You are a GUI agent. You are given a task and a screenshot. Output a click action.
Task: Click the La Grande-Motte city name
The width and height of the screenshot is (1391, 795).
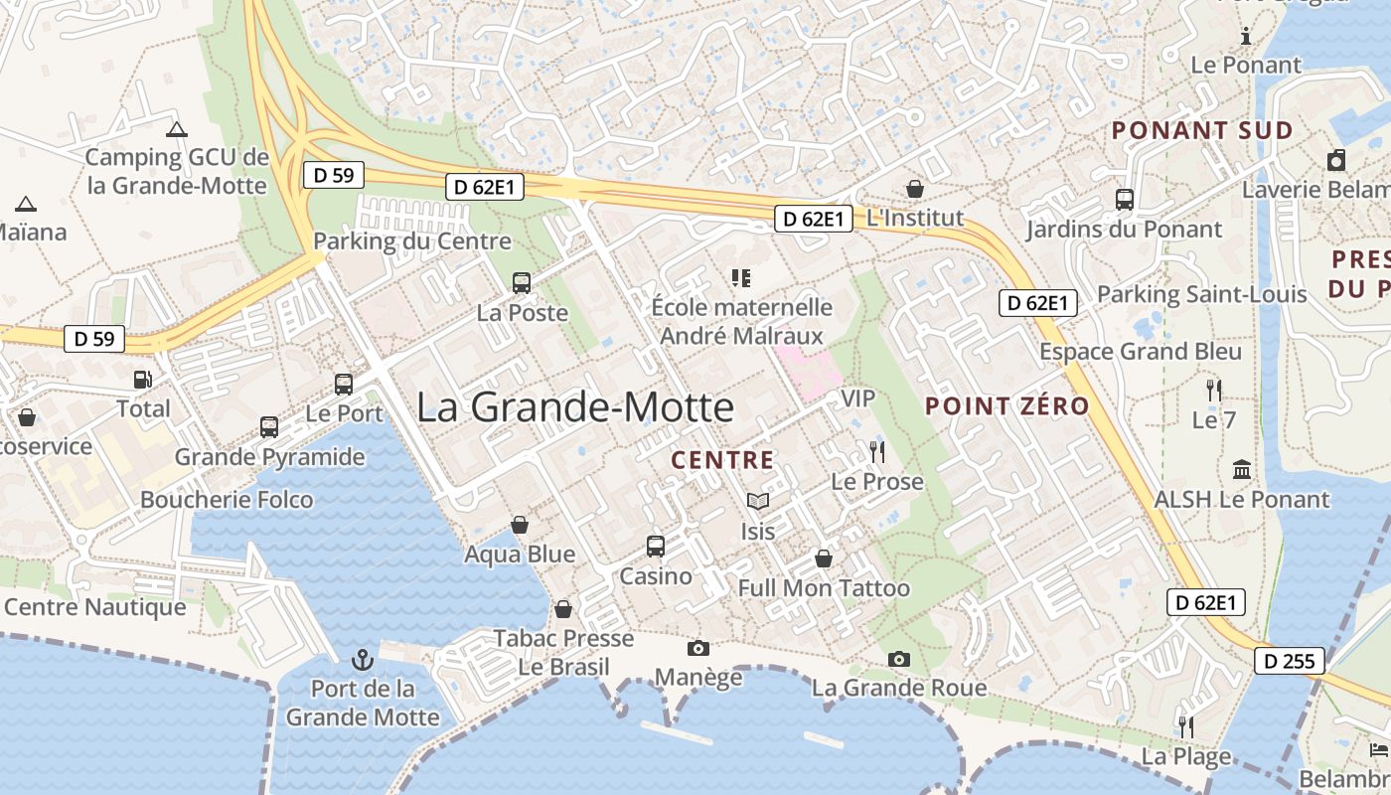[x=575, y=407]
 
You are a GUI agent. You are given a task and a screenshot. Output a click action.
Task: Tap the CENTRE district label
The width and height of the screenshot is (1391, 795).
[x=722, y=460]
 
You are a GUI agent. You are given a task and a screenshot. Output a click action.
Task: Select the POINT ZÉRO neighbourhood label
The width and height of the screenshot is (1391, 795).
[x=1006, y=405]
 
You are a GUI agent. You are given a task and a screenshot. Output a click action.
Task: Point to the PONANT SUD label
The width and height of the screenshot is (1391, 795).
[x=1202, y=130]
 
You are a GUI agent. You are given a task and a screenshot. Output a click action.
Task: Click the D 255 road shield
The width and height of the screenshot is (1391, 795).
[x=1289, y=661]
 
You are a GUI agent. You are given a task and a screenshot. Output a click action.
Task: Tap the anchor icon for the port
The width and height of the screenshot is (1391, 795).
[x=363, y=659]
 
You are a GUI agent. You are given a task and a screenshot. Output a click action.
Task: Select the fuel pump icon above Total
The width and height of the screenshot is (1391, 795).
[x=143, y=380]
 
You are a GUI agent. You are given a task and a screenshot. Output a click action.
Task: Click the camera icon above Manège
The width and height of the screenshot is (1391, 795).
[x=698, y=649]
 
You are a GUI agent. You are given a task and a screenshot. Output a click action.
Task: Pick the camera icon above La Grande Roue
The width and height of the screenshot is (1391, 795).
[x=898, y=659]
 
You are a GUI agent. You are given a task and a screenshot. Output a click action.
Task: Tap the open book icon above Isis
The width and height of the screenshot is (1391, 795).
[x=757, y=502]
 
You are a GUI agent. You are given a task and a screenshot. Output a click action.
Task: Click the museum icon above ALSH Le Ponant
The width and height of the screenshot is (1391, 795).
[x=1241, y=469]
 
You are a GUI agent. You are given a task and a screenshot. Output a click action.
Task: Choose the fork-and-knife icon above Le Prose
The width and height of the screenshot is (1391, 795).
[x=876, y=452]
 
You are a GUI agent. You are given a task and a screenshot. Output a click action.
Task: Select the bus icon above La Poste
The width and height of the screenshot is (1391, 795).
[x=522, y=283]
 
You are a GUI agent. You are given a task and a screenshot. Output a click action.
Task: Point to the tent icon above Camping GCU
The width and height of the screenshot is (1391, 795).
[x=177, y=129]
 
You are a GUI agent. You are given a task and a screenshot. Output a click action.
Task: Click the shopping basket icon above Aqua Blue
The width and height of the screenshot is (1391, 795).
[x=520, y=525]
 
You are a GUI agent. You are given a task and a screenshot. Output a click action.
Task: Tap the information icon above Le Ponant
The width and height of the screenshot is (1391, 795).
[x=1246, y=37]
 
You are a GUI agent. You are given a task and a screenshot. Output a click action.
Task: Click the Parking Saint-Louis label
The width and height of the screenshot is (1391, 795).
[x=1201, y=294]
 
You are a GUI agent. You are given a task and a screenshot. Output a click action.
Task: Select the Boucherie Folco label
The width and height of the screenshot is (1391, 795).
[x=227, y=500]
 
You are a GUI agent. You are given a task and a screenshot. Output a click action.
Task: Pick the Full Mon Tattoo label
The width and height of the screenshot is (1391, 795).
[x=824, y=588]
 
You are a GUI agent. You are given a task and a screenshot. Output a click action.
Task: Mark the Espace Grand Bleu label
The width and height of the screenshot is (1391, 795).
[x=1141, y=352]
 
